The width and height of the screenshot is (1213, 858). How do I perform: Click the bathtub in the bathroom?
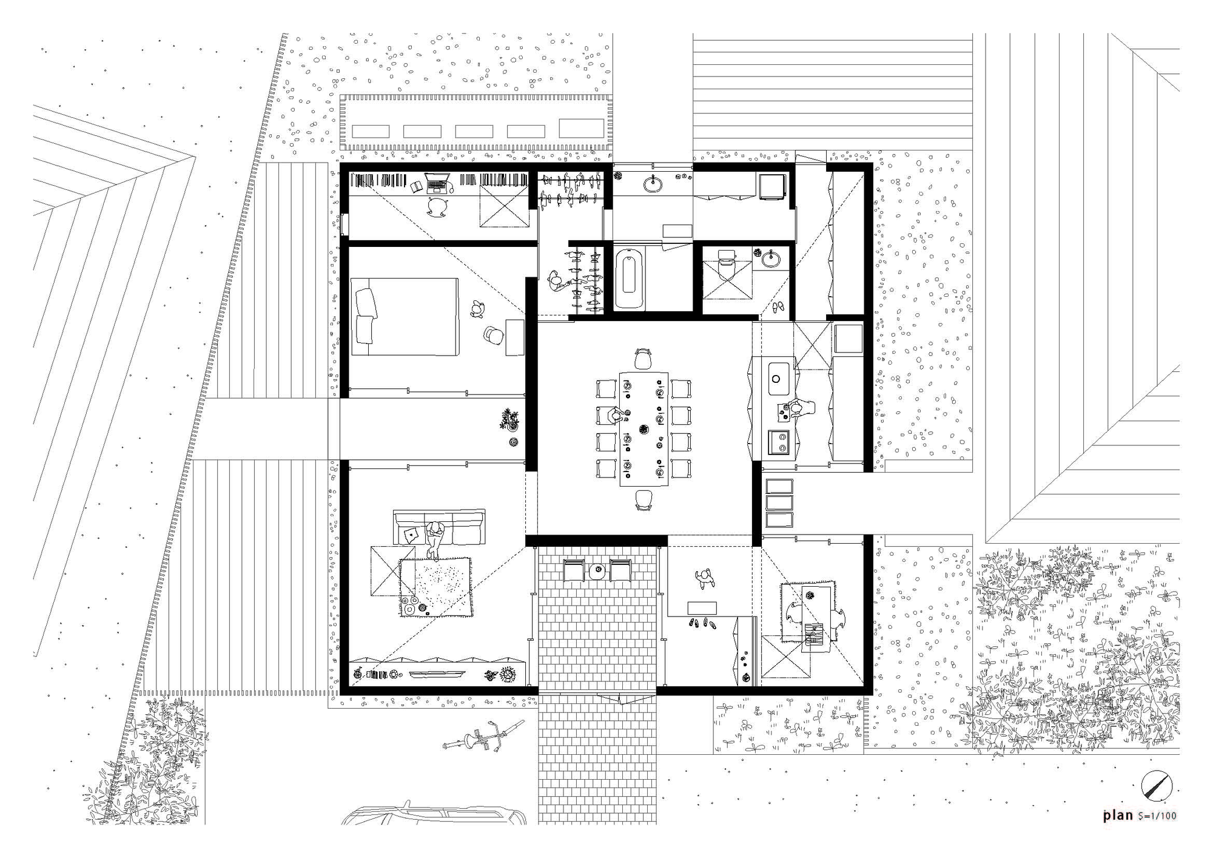629,280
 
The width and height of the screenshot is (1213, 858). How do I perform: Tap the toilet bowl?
726,265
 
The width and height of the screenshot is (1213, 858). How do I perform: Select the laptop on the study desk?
437,182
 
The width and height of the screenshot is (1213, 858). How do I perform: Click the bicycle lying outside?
482,736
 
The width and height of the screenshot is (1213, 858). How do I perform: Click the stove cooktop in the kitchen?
778,442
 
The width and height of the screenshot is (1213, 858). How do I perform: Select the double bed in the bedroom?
405,316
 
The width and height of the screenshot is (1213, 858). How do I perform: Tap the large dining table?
643,428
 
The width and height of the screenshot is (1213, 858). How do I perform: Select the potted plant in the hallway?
509,419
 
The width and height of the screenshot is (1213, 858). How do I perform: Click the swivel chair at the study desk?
437,207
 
